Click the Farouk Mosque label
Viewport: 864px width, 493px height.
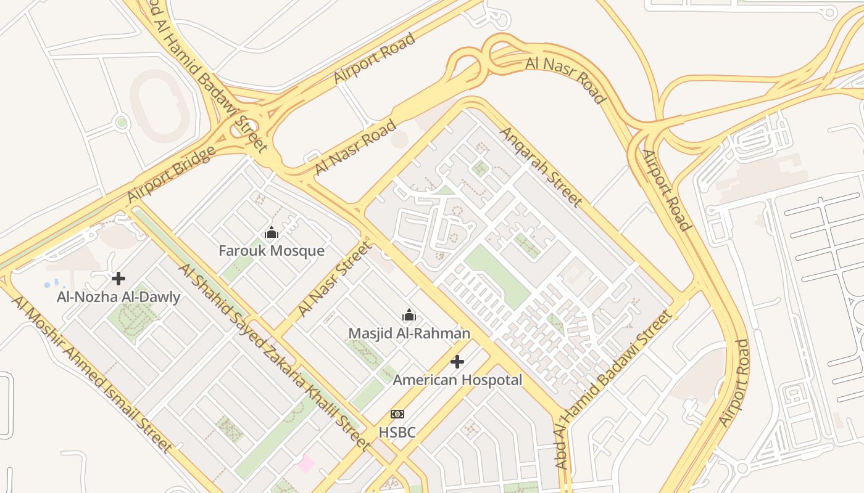click(x=272, y=251)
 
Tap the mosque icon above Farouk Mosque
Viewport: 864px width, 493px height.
click(x=272, y=233)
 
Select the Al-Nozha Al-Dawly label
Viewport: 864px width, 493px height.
click(x=118, y=297)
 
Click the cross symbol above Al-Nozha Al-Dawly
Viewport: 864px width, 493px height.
click(x=118, y=279)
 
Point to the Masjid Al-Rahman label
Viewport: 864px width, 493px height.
click(x=409, y=333)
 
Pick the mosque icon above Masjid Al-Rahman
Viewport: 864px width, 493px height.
click(x=409, y=316)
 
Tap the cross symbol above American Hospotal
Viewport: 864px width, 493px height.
click(x=457, y=362)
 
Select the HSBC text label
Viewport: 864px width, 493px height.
click(x=397, y=433)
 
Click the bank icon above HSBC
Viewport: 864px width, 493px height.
click(x=397, y=414)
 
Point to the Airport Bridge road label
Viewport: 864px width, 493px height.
click(x=171, y=174)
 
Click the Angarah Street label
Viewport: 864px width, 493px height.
click(x=541, y=166)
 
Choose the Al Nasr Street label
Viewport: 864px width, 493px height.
click(x=336, y=279)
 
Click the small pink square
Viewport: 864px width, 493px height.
click(x=305, y=463)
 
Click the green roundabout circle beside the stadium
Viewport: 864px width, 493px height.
click(x=122, y=123)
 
